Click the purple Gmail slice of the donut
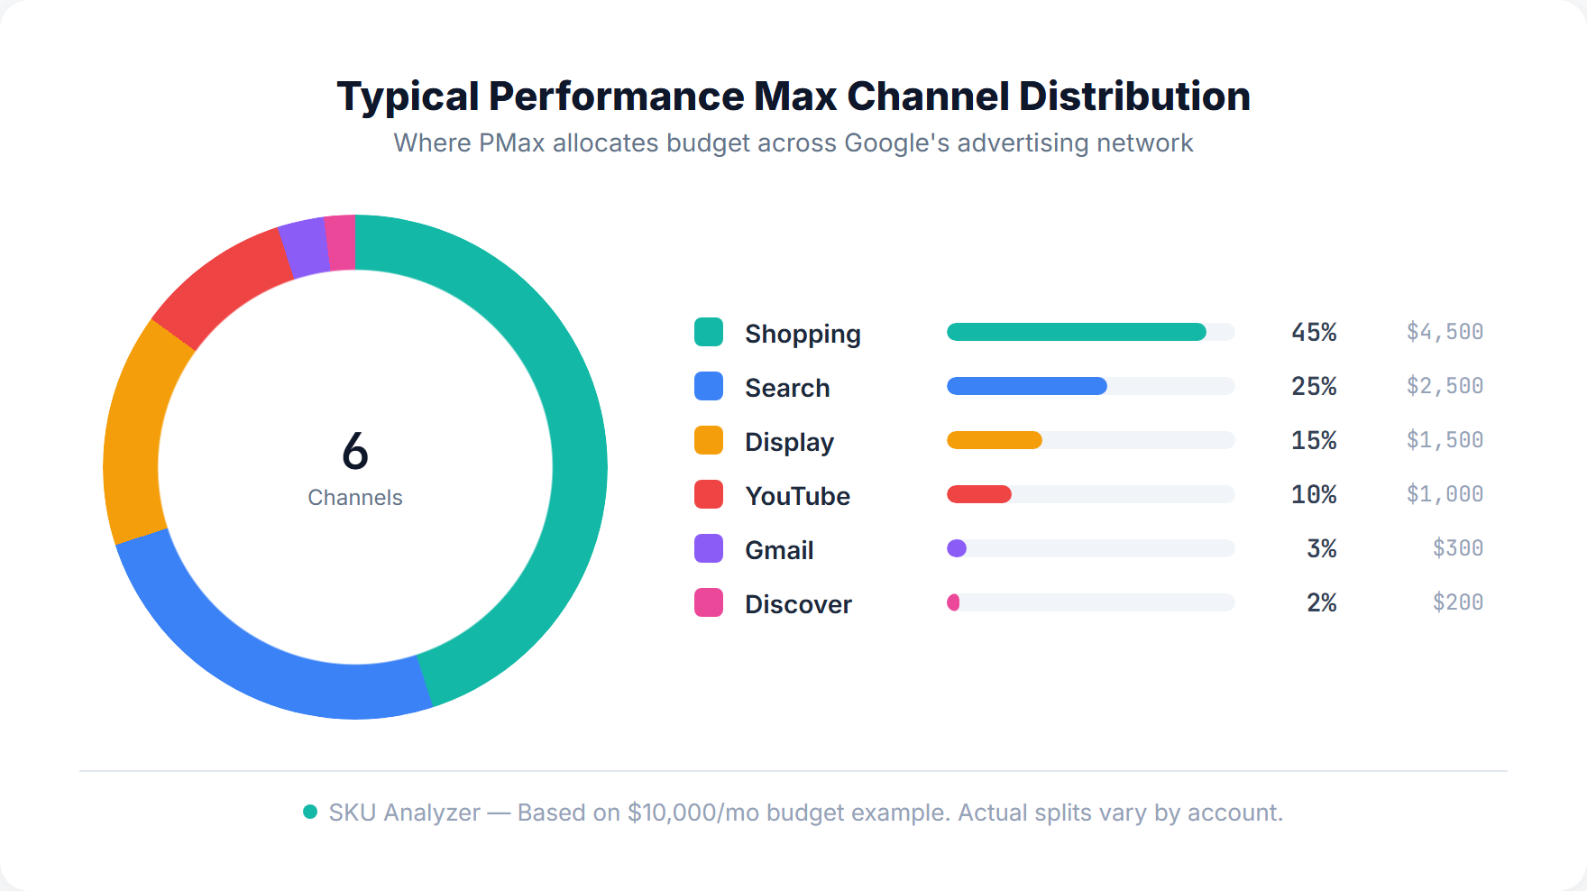click(305, 248)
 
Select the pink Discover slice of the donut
click(341, 243)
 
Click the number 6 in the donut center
click(355, 451)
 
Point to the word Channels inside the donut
click(355, 498)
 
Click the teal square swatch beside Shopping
click(709, 332)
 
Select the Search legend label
click(787, 388)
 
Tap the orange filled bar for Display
click(994, 440)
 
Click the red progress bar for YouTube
click(978, 494)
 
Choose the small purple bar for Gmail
click(957, 548)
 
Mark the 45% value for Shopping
click(1314, 332)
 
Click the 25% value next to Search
click(1314, 386)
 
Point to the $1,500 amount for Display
click(1445, 440)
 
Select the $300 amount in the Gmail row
click(1457, 548)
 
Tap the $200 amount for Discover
click(1457, 602)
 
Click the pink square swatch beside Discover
click(709, 602)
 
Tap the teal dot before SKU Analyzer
click(310, 812)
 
